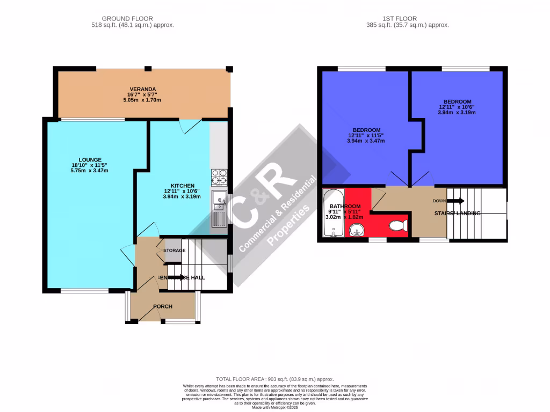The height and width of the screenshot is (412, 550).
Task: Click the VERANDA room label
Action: [x=142, y=89]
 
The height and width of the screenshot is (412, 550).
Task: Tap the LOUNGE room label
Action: [x=89, y=159]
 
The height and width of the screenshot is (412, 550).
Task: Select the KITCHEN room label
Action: [x=182, y=185]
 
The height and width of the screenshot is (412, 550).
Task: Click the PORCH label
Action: [x=163, y=307]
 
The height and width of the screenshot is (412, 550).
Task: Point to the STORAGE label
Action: [x=175, y=251]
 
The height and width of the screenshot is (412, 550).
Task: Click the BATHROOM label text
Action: [x=344, y=207]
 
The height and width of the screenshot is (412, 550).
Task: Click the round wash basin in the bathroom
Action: [x=355, y=231]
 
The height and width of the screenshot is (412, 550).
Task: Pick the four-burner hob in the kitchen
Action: [x=220, y=176]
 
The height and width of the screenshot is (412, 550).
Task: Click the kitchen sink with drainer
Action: [x=219, y=208]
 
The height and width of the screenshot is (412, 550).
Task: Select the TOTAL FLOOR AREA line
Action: [x=275, y=379]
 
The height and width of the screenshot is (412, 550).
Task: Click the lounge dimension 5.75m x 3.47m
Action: [x=89, y=171]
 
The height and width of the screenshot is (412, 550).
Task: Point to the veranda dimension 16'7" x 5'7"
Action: [x=142, y=94]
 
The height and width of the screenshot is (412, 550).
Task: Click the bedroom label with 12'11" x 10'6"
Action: [x=457, y=101]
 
